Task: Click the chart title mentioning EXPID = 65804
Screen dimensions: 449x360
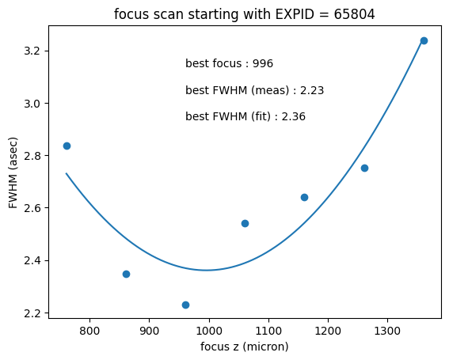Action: (x=244, y=14)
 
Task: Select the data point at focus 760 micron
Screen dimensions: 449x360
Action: (x=67, y=146)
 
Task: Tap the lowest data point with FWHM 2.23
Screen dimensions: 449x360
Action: (x=185, y=305)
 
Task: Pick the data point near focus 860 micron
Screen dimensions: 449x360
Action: (x=126, y=274)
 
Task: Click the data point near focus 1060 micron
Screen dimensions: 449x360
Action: (x=245, y=223)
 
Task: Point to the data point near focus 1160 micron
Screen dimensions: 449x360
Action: (x=304, y=198)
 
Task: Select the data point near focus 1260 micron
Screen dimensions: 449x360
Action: (x=364, y=169)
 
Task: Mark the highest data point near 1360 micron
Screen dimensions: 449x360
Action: (x=424, y=40)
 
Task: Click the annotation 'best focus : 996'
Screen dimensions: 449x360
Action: (x=229, y=63)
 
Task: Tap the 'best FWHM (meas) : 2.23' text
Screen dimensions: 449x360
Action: (x=254, y=90)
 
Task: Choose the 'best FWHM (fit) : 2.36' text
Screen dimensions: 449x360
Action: (x=245, y=116)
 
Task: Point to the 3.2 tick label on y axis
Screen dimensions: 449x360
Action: (x=32, y=51)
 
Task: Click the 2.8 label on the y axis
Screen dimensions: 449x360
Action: (x=32, y=156)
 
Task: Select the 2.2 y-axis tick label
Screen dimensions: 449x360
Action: (x=32, y=313)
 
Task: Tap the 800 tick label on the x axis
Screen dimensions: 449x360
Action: (x=89, y=331)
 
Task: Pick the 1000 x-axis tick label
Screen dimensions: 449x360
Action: (x=209, y=331)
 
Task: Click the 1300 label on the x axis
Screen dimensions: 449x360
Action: (x=387, y=331)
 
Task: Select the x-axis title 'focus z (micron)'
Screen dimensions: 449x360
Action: (x=244, y=347)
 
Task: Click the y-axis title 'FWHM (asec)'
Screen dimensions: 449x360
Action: (x=13, y=172)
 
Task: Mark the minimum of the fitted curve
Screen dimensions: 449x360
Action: (x=207, y=270)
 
